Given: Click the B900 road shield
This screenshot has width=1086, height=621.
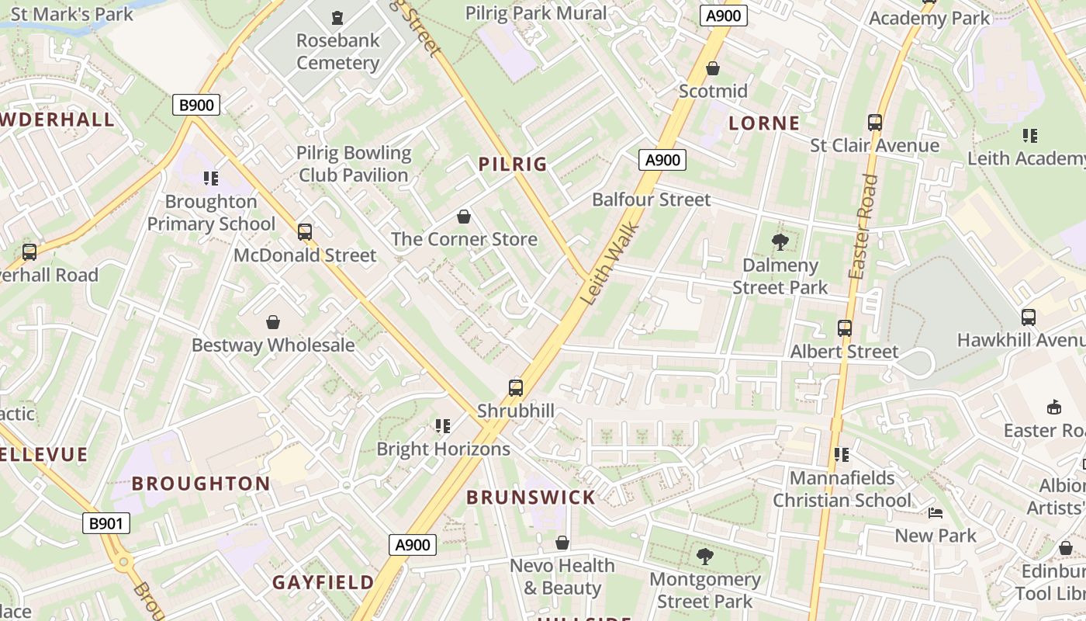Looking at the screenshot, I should coord(195,105).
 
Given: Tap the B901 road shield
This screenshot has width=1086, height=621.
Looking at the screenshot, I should coord(106,523).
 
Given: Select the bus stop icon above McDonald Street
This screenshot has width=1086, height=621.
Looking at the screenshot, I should coord(305,232).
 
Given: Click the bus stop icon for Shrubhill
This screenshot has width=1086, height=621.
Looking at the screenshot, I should coord(516,388).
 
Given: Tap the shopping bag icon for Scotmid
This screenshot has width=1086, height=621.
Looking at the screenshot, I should coord(713,68).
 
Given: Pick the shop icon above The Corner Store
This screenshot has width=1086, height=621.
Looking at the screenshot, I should coord(464,217).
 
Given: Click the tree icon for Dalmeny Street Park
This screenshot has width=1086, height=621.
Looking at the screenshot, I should coord(780,242).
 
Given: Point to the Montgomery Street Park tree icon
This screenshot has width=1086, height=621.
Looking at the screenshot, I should coord(704,556).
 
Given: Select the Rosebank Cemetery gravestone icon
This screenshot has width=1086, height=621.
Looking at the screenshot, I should coord(337,17).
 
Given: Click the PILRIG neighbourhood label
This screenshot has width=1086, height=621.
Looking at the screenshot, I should coord(513,164).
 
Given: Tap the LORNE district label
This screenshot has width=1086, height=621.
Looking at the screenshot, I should coord(764,123).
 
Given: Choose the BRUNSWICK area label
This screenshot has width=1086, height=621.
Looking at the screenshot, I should coord(531,498).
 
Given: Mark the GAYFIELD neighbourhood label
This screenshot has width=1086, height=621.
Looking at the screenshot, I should coord(323,582).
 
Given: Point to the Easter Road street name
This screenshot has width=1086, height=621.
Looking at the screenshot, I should coord(863,227).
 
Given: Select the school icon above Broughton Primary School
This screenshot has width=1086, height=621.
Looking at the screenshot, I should coord(211,179).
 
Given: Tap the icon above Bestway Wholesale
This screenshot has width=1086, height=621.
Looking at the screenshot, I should coord(273,322).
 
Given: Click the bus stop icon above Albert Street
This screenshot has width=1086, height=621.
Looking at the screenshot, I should coord(845,328).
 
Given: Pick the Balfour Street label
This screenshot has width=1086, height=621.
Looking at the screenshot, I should coord(651,199).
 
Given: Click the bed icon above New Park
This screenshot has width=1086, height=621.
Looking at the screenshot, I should coord(936,513).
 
